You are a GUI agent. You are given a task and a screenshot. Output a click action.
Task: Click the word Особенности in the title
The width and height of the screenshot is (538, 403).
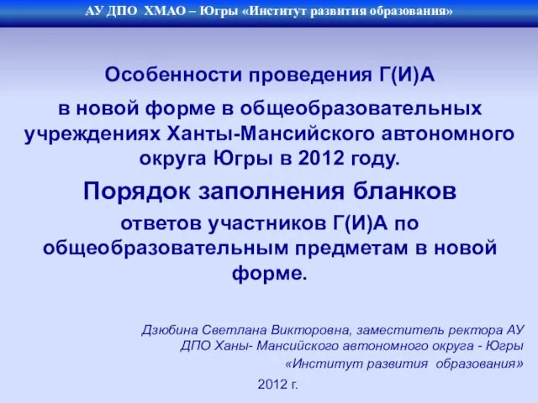(x=173, y=75)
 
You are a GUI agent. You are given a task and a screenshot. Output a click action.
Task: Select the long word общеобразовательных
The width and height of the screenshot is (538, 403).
(x=361, y=109)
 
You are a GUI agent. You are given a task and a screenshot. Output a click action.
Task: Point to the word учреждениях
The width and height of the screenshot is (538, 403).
(x=92, y=134)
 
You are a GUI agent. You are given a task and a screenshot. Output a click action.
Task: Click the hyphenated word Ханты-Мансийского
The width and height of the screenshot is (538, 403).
(x=271, y=133)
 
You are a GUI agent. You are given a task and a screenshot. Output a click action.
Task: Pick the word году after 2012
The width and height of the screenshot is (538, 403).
(x=376, y=159)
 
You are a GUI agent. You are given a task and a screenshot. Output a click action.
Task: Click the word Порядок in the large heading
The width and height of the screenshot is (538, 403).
(x=137, y=191)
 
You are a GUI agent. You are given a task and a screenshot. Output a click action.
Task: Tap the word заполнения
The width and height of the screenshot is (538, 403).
(x=271, y=191)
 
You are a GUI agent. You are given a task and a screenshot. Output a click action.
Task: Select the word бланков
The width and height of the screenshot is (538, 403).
(x=404, y=191)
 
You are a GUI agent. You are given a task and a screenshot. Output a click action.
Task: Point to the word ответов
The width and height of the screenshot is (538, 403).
(x=161, y=224)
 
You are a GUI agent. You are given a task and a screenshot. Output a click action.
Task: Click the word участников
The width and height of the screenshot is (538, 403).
(x=267, y=224)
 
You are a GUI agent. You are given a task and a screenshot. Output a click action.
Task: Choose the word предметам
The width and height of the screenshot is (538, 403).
(x=352, y=249)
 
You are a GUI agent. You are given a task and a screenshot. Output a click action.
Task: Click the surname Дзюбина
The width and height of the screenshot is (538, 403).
(x=170, y=330)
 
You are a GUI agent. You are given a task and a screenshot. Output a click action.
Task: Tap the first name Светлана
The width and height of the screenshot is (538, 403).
(x=235, y=330)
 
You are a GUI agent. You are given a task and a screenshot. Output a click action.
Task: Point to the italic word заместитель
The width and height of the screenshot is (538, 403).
(x=400, y=330)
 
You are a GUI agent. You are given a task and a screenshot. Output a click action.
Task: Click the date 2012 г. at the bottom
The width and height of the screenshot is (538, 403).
(x=277, y=385)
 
